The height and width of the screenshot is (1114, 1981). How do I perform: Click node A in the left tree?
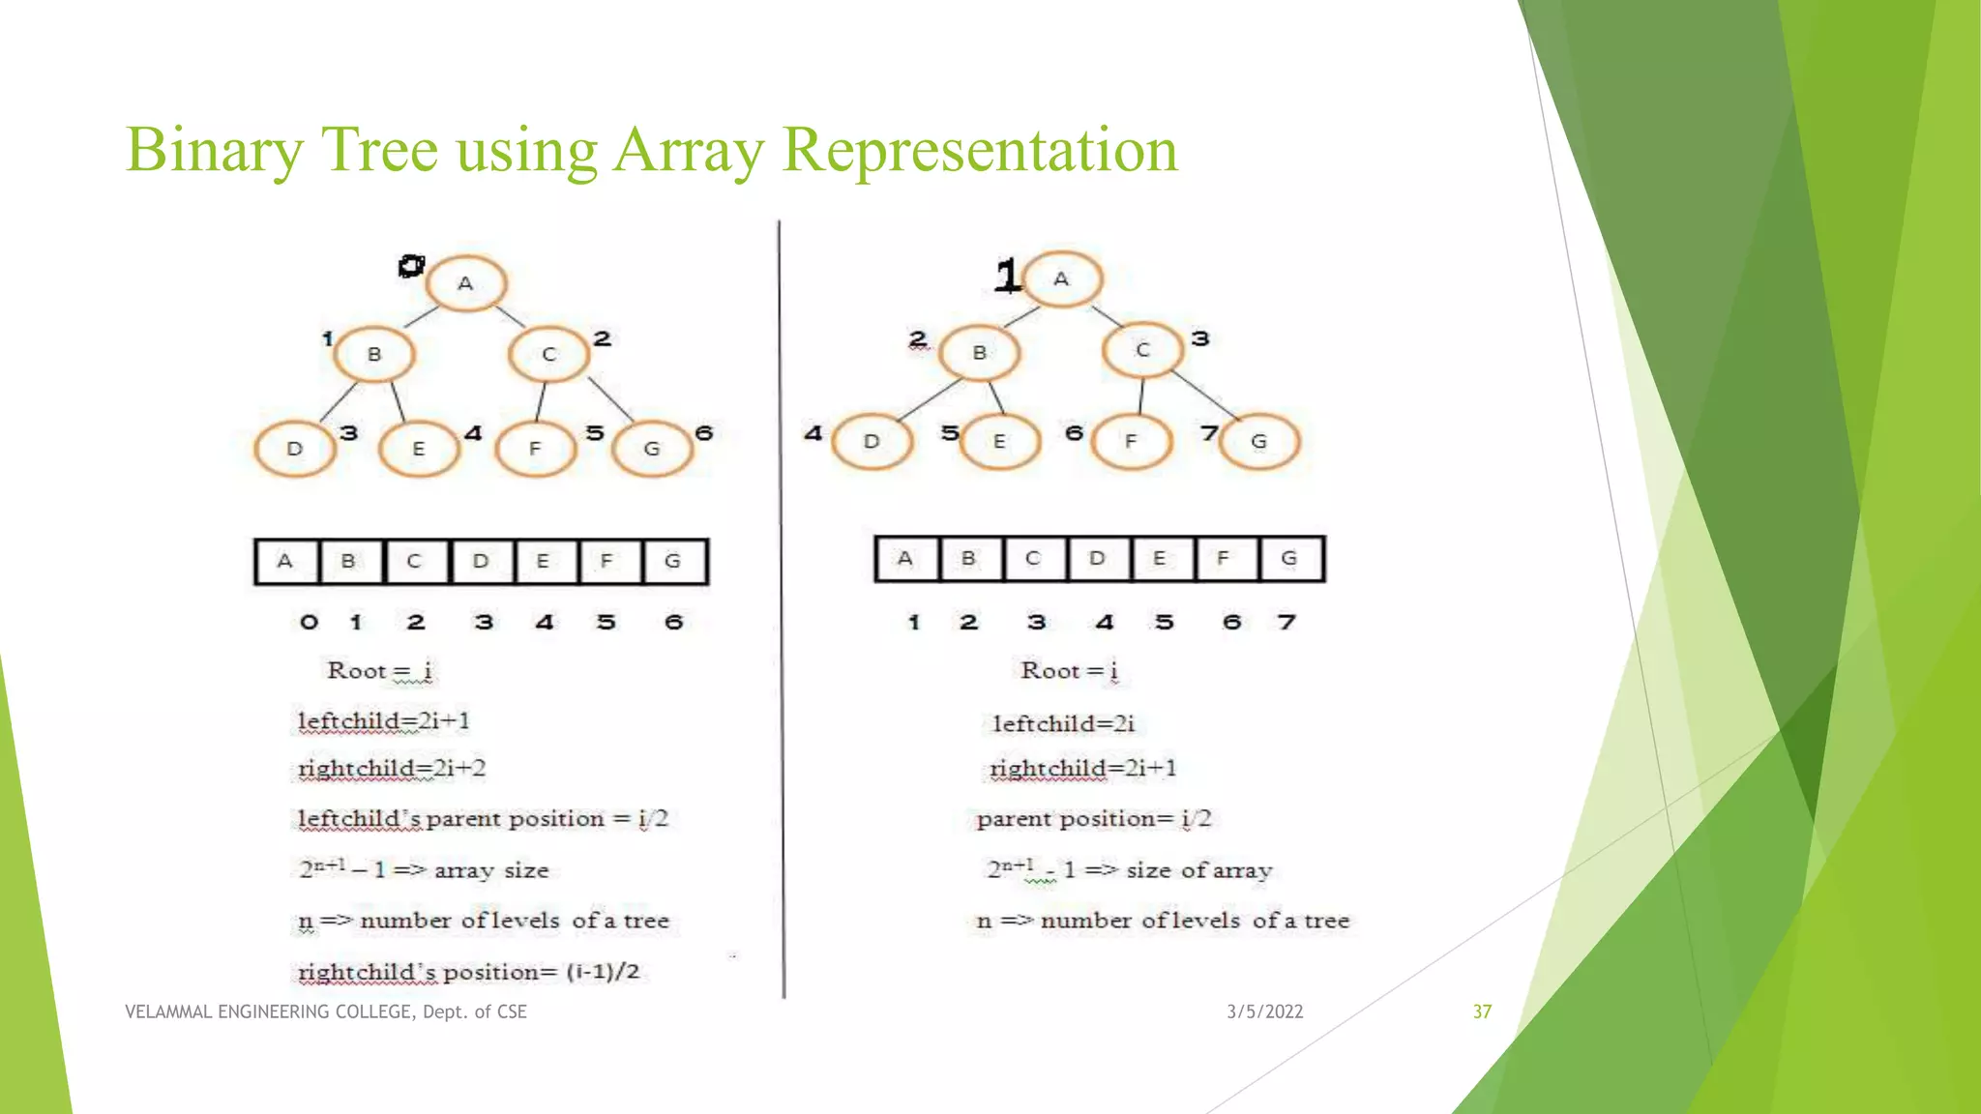(465, 284)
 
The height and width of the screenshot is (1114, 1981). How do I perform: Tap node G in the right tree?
(1258, 441)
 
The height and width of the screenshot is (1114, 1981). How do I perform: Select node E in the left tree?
(418, 449)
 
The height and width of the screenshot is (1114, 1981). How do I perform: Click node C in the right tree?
(1142, 349)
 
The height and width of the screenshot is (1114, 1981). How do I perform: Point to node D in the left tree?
(294, 449)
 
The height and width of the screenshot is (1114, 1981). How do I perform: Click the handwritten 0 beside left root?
(411, 266)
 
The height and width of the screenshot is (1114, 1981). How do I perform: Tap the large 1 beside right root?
(1007, 276)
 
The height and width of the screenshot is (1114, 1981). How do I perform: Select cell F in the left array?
(607, 562)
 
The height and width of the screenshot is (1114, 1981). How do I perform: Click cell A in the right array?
(905, 559)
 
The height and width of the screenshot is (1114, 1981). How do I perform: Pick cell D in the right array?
(1097, 559)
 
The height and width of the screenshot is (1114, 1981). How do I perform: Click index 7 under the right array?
(1286, 622)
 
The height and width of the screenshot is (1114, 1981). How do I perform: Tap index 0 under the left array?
(309, 622)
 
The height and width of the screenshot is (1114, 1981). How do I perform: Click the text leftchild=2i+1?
(384, 721)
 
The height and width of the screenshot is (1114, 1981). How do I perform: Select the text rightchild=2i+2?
(392, 769)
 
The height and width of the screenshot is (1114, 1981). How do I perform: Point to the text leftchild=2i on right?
(1063, 723)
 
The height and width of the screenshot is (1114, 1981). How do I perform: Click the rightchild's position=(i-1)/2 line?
(469, 972)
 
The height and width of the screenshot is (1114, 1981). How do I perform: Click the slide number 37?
(1482, 1011)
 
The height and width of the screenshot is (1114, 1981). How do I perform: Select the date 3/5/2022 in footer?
(1264, 1011)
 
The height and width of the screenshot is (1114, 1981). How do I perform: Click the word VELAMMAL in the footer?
(168, 1011)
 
